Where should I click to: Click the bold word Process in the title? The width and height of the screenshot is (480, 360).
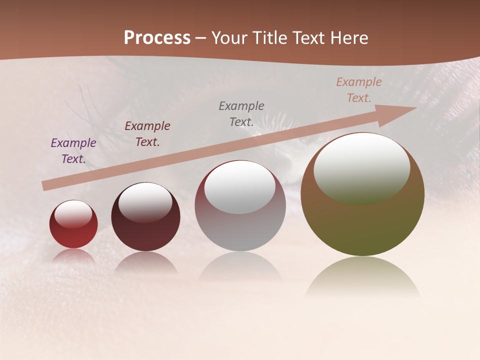click(157, 38)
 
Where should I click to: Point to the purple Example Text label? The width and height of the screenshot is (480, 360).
click(73, 151)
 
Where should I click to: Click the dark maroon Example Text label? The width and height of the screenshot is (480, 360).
click(147, 134)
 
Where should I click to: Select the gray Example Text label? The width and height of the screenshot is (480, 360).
click(241, 113)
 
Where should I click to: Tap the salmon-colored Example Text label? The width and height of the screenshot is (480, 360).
click(359, 90)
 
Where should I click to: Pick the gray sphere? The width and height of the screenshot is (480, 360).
click(240, 230)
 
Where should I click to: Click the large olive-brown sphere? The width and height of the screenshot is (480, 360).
click(362, 225)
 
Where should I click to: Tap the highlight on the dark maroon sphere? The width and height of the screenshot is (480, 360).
click(145, 202)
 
